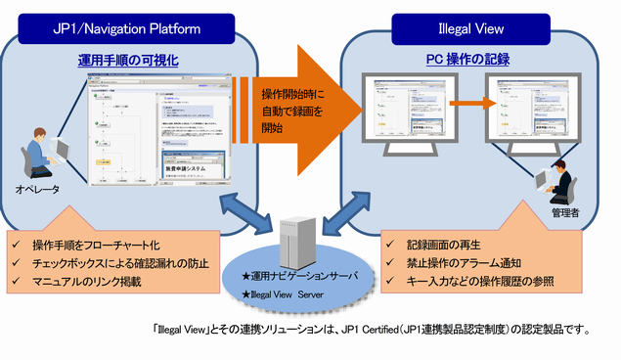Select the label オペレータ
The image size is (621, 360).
coord(38,191)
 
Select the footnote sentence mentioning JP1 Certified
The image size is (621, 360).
coord(373,330)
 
